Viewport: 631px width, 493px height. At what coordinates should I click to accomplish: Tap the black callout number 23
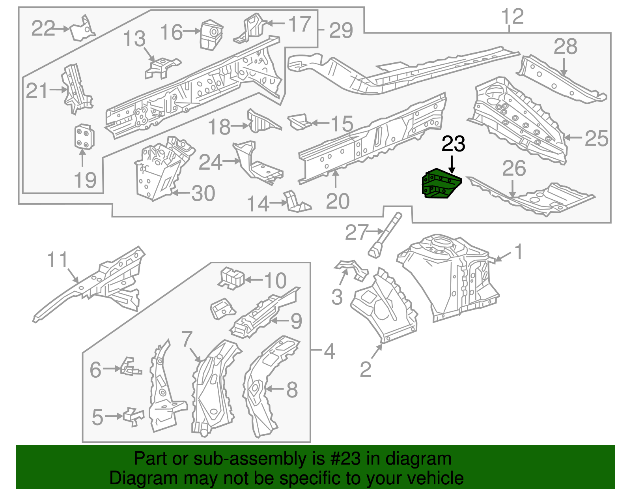453,144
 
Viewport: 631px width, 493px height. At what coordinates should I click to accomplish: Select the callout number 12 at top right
512,17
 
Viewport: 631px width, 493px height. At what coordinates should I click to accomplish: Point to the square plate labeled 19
84,137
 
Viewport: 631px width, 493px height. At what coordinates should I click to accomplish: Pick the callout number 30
203,193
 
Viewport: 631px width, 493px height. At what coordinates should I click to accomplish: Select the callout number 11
58,260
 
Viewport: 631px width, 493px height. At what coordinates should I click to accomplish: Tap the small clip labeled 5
133,416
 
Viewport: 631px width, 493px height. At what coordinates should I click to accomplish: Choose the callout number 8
291,390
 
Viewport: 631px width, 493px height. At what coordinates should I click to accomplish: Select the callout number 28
565,47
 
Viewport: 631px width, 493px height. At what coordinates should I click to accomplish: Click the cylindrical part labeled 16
211,35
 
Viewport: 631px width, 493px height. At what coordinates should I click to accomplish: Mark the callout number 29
341,30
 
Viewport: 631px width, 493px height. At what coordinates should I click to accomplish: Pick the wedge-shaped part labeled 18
261,122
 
